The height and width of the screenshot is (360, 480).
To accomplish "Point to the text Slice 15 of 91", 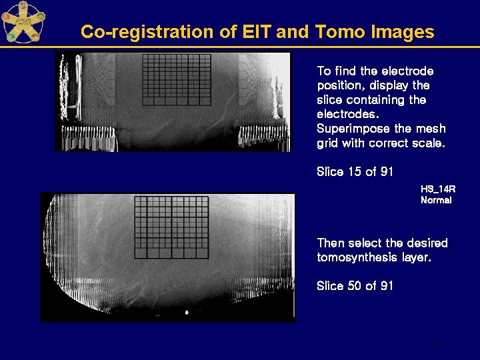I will [355, 172].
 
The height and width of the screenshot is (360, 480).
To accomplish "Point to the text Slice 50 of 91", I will [355, 286].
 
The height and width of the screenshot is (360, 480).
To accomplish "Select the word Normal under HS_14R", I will [436, 200].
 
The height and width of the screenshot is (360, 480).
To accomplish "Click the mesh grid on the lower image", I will [171, 227].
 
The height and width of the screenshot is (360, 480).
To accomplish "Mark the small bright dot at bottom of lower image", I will [187, 312].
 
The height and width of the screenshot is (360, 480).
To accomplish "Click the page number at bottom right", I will [437, 345].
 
